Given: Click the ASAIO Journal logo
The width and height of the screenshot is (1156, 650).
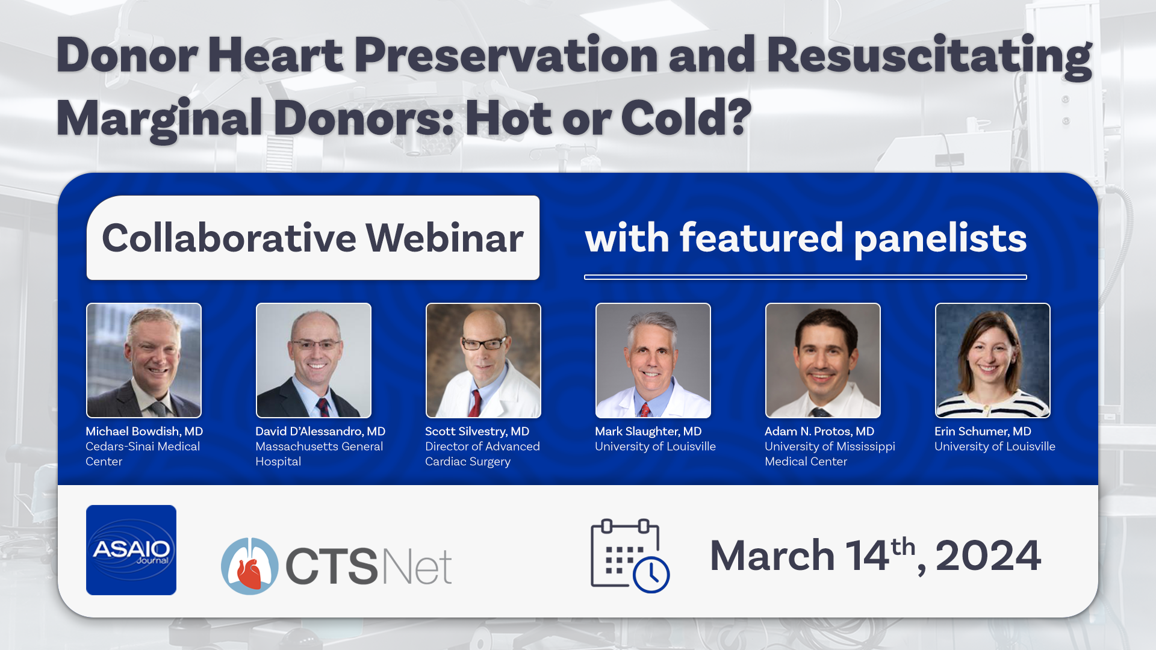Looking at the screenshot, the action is [x=131, y=550].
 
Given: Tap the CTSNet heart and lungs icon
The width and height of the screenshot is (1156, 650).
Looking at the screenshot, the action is [x=250, y=566].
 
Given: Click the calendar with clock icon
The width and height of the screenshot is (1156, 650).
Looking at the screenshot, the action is [x=630, y=556].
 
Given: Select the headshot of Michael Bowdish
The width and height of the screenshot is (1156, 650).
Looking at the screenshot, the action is [x=144, y=361].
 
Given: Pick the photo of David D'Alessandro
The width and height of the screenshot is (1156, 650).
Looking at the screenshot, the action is [x=314, y=361].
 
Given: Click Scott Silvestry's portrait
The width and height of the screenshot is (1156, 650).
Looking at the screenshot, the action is [x=483, y=361].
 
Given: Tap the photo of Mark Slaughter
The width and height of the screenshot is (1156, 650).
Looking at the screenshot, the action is [x=653, y=361].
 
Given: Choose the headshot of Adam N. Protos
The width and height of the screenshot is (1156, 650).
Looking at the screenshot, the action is [x=823, y=361].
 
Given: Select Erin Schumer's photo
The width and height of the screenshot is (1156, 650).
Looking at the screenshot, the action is [x=993, y=361].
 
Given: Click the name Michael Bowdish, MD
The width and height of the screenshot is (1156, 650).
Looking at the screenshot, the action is [x=144, y=432].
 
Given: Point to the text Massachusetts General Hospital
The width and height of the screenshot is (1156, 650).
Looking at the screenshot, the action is [x=319, y=454].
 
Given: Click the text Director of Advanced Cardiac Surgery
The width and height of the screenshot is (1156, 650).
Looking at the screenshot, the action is [x=482, y=454].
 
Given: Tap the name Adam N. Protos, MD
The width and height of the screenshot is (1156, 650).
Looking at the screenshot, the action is [x=819, y=432].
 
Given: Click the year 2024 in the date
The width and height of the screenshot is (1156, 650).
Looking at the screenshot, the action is [x=988, y=556].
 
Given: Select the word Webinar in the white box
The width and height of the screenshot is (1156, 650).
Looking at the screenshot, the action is [x=445, y=238].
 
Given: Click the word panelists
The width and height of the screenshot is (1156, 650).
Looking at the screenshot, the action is [x=940, y=239].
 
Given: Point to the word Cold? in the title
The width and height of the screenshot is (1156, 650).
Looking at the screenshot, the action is [x=686, y=117].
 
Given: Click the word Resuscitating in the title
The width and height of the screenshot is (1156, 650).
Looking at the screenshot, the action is [x=929, y=57].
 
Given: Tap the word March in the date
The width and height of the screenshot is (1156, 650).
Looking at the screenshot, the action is [x=772, y=556].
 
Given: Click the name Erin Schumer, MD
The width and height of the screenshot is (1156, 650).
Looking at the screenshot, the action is [x=983, y=432].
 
